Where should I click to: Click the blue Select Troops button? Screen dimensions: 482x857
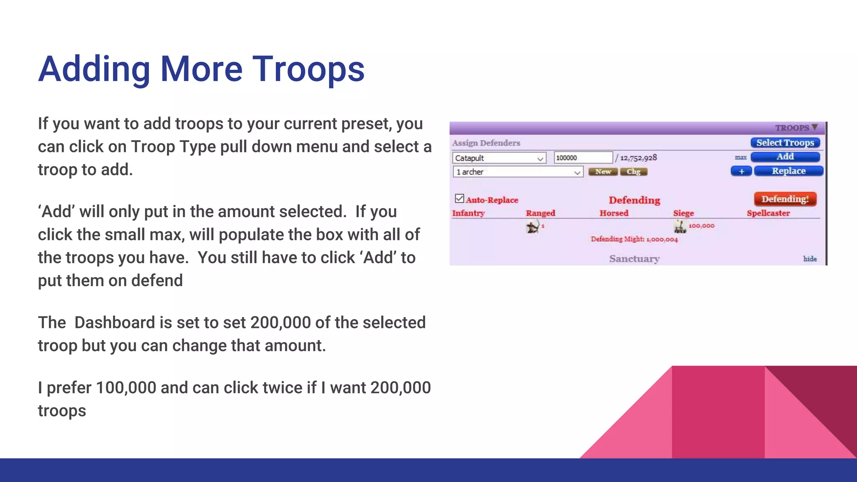[785, 143]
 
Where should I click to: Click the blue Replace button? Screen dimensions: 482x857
[788, 171]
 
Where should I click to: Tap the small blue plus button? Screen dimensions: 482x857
[741, 171]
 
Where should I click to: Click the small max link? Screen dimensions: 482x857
[740, 157]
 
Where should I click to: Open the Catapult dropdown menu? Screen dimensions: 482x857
[499, 158]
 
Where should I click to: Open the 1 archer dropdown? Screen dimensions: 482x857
[518, 172]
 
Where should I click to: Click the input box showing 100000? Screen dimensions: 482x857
[583, 158]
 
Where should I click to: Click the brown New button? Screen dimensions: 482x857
[603, 172]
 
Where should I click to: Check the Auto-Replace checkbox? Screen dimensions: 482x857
[459, 198]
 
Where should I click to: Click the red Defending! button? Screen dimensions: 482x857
[785, 199]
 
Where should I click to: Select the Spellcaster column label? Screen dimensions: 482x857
[768, 213]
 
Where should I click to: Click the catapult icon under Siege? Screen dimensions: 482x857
[680, 227]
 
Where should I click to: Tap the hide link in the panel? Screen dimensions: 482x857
[810, 259]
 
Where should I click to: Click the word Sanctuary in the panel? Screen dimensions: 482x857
[634, 259]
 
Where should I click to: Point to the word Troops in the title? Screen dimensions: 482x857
[308, 69]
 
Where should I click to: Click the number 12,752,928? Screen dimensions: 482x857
[638, 158]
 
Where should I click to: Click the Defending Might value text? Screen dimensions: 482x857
[634, 239]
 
